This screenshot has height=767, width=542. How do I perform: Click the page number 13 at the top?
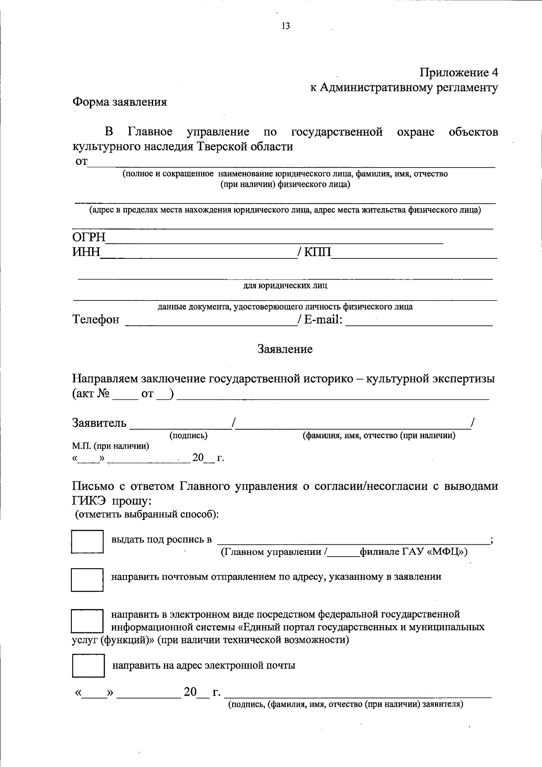(285, 26)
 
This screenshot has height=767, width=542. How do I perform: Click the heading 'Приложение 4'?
(458, 72)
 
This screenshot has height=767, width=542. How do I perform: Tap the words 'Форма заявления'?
(120, 102)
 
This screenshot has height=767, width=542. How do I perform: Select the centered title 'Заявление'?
(285, 349)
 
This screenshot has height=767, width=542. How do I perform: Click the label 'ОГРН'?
(89, 238)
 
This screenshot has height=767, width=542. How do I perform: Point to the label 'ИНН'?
(86, 252)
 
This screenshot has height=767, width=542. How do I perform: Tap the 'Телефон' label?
(96, 320)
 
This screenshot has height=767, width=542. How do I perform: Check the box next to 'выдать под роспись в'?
(87, 542)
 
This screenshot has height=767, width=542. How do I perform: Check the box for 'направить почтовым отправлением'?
(87, 580)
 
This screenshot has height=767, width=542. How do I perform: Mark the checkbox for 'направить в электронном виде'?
(87, 621)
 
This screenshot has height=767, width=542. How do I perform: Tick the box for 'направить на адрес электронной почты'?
(88, 665)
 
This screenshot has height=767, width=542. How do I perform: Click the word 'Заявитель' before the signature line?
(99, 423)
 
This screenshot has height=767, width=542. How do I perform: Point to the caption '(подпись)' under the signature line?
(188, 435)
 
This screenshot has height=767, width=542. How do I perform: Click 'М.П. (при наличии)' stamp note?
(111, 446)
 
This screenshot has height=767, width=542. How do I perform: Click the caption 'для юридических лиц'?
(285, 285)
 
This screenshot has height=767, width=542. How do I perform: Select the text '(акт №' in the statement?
(91, 394)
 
